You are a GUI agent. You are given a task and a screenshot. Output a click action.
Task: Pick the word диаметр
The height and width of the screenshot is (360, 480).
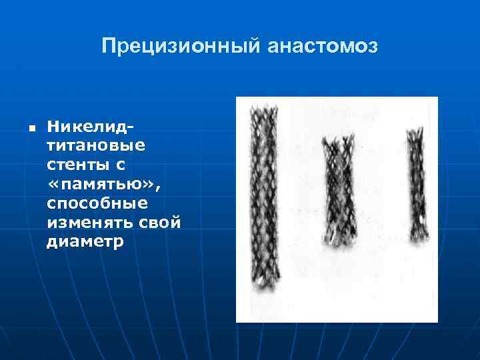pyautogui.click(x=85, y=241)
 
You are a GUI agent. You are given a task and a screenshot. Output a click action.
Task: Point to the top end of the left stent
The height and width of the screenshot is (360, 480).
pyautogui.click(x=261, y=110)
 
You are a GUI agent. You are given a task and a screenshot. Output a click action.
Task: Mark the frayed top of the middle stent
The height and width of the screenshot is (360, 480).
pyautogui.click(x=337, y=142)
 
